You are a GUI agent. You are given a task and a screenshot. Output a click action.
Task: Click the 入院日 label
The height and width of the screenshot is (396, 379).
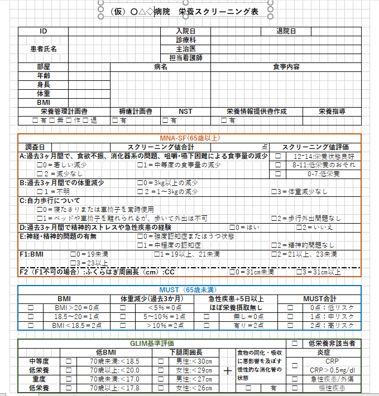(185, 31)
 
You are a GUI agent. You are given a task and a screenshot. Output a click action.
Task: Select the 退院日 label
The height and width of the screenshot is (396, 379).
(286, 31)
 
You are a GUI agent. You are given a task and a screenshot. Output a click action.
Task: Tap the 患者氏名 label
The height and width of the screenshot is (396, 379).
(43, 49)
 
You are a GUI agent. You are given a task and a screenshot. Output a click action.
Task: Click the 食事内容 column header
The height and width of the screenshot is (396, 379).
(286, 67)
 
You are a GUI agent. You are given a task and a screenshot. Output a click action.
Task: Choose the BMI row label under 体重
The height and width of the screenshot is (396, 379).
(43, 103)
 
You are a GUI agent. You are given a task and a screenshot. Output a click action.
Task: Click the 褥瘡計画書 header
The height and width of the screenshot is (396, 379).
(136, 112)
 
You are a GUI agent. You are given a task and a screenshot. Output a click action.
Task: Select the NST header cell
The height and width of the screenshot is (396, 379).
(185, 112)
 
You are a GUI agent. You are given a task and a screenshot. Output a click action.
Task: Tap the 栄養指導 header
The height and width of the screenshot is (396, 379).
(332, 112)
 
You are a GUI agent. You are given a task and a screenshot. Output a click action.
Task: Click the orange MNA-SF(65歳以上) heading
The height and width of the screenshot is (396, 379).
(189, 138)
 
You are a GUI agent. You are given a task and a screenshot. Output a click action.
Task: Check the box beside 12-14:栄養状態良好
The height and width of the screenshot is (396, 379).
(278, 156)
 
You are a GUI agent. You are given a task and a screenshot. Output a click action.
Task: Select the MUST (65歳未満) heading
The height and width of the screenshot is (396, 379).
(189, 290)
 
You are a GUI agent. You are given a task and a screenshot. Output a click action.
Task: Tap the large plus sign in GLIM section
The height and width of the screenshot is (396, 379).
(228, 370)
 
